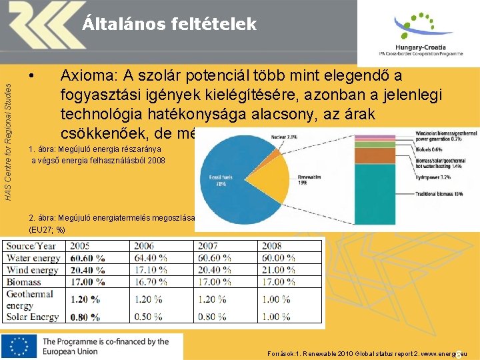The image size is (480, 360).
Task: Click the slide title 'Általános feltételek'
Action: (x=169, y=25)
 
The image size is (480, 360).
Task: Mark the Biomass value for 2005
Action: (x=87, y=282)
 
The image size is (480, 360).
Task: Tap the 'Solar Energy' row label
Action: (x=33, y=317)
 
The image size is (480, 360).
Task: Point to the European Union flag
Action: (x=19, y=347)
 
